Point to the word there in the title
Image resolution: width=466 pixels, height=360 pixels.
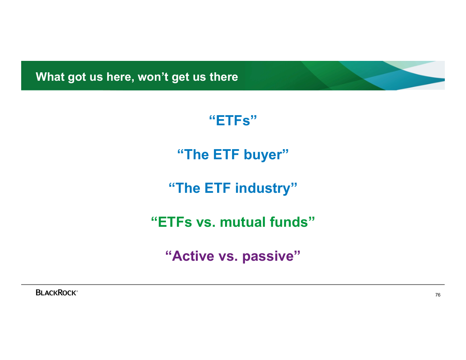tap(224, 77)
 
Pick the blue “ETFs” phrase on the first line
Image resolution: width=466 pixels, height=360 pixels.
tap(233, 120)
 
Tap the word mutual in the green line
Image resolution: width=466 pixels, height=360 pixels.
tap(243, 222)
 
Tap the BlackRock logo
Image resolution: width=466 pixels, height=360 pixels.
tap(57, 292)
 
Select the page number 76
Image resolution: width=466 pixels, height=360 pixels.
tap(438, 295)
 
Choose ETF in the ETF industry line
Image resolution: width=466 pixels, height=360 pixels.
tap(218, 188)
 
